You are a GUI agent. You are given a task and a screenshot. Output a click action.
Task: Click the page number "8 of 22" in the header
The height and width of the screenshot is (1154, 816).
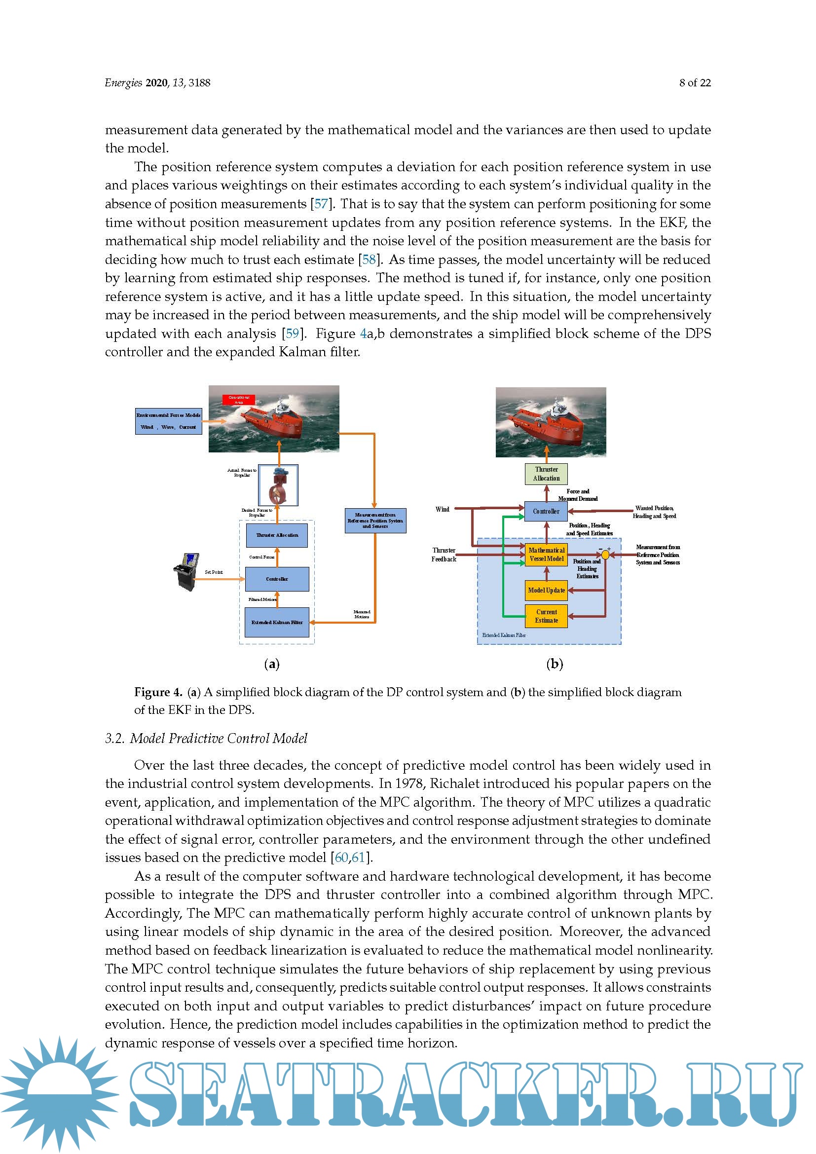[695, 83]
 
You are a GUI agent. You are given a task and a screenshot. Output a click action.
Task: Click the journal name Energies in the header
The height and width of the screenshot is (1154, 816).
[123, 83]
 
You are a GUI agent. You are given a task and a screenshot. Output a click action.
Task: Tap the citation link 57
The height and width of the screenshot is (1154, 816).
[321, 204]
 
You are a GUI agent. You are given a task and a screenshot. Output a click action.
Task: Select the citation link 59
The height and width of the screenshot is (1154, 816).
[292, 334]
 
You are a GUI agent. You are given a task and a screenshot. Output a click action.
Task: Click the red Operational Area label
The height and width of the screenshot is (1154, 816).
[239, 400]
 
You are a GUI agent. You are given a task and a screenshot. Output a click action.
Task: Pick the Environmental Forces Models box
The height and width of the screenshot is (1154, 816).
[168, 421]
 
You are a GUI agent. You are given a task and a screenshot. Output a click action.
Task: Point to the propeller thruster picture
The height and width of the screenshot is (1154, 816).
[278, 485]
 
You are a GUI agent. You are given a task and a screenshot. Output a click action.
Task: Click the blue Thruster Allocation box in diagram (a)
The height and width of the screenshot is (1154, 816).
[277, 535]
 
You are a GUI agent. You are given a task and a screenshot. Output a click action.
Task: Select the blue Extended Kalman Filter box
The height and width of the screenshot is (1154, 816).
[277, 622]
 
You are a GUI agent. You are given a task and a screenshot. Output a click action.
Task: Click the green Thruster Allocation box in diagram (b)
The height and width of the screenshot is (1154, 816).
[546, 474]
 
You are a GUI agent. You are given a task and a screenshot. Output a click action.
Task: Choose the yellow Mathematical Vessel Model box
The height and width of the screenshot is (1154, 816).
[546, 555]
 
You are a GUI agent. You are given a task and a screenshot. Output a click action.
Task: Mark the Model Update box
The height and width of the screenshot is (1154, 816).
[546, 591]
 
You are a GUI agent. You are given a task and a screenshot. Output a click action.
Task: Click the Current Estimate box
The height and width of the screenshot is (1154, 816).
[546, 616]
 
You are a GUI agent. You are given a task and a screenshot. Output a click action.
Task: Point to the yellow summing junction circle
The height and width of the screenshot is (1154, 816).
[605, 555]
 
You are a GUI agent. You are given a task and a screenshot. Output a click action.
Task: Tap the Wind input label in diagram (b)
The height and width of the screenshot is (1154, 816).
[442, 509]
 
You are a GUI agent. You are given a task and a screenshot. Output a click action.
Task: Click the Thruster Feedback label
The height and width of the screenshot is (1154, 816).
[444, 555]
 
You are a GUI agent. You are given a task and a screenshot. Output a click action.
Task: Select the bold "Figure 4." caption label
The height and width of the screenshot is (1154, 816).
[158, 692]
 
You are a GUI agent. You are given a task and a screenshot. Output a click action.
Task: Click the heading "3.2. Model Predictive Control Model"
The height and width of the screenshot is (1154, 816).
[206, 739]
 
